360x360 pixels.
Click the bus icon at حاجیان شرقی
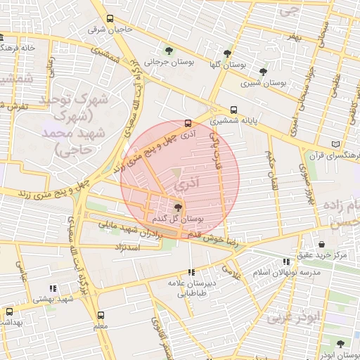pyautogui.click(x=110, y=19)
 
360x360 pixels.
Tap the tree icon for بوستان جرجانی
pyautogui.click(x=169, y=50)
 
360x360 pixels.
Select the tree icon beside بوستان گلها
pyautogui.click(x=226, y=53)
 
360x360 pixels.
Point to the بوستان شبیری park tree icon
pyautogui.click(x=263, y=71)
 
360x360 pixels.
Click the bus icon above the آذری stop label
pyautogui.click(x=188, y=121)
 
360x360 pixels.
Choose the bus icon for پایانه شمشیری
pyautogui.click(x=234, y=109)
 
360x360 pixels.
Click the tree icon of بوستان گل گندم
pyautogui.click(x=178, y=207)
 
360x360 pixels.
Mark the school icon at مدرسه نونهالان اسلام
pyautogui.click(x=285, y=261)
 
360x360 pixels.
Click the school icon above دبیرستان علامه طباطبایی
pyautogui.click(x=191, y=272)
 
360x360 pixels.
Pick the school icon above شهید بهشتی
pyautogui.click(x=53, y=288)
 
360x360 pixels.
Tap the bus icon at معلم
pyautogui.click(x=101, y=316)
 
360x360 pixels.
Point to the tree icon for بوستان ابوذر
pyautogui.click(x=340, y=345)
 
